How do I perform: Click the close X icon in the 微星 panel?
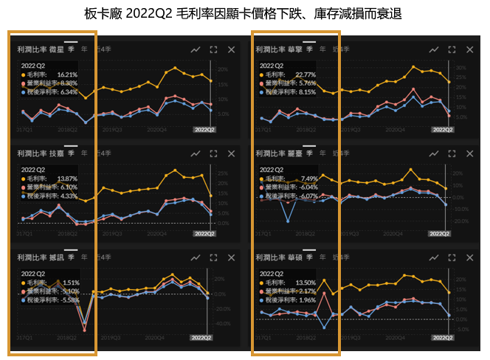tap(232, 49)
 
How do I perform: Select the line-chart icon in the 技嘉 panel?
tap(196, 153)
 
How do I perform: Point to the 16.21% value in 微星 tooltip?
tap(67, 75)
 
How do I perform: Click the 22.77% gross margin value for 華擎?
tap(304, 75)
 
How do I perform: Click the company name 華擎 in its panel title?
tap(294, 49)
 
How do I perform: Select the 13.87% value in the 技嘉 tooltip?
tap(67, 179)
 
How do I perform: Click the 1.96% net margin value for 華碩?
tap(306, 300)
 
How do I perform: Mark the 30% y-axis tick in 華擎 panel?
tap(461, 67)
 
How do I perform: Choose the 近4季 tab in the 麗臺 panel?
tap(341, 153)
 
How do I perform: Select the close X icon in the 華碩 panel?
tap(470, 257)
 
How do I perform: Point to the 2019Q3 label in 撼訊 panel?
tap(113, 337)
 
